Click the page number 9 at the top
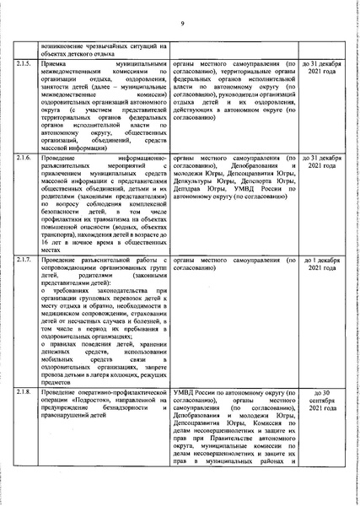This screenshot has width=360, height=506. [181, 23]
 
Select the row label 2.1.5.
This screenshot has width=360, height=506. [26, 63]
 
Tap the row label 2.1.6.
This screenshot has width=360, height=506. [26, 158]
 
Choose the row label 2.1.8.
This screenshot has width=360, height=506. [26, 392]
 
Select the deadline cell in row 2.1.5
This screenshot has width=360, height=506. [321, 67]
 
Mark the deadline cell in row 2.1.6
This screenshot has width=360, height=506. [321, 162]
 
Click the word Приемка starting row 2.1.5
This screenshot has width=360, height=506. [56, 63]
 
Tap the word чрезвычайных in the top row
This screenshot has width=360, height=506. [99, 44]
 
